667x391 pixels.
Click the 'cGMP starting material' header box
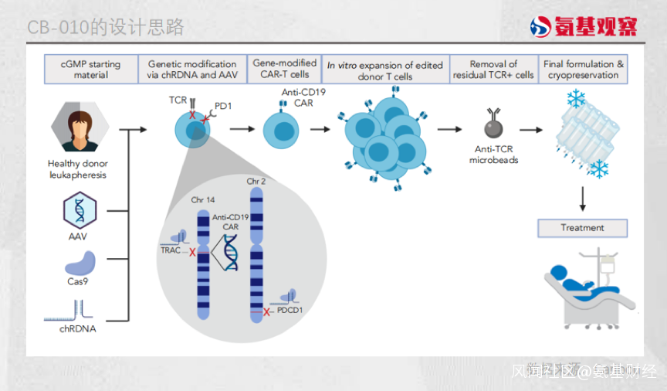click(x=91, y=70)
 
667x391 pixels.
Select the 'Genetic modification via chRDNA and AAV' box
click(x=192, y=70)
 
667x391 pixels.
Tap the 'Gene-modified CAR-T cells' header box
click(x=285, y=69)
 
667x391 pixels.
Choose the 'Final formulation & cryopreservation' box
click(x=583, y=70)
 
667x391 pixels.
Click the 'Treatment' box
click(x=582, y=228)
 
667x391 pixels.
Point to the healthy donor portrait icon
click(x=77, y=129)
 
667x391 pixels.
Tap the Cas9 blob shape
click(x=80, y=264)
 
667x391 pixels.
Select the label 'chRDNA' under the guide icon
click(x=78, y=328)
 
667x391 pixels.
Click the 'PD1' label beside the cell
click(x=223, y=106)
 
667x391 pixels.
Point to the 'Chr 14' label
click(x=203, y=200)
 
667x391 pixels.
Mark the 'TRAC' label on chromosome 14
click(x=171, y=250)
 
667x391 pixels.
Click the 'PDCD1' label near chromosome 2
click(x=293, y=310)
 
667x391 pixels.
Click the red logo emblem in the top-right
click(x=541, y=27)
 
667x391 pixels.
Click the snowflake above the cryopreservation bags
click(x=576, y=99)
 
